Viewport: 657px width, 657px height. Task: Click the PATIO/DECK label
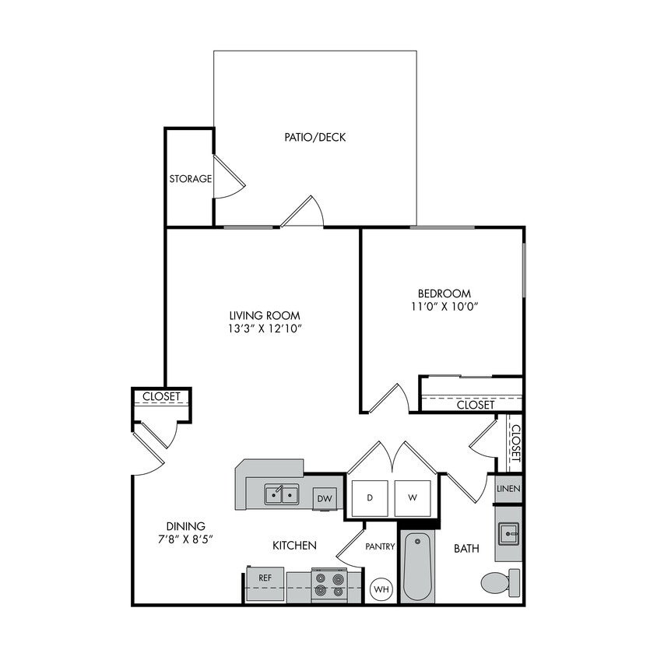[314, 138]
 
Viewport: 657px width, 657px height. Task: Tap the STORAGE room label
[191, 179]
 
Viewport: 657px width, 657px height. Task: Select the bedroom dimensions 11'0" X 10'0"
[444, 307]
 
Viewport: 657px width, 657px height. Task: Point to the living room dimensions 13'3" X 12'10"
[265, 329]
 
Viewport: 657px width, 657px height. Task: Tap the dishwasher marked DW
[325, 499]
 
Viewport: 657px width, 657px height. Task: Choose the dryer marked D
[371, 497]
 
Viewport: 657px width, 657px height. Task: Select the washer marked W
[412, 497]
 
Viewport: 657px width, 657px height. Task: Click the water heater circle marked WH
[381, 589]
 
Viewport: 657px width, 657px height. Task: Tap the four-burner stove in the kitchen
[328, 585]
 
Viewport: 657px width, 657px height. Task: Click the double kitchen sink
[281, 494]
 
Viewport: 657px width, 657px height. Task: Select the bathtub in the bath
[417, 567]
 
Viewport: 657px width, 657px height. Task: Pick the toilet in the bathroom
[500, 581]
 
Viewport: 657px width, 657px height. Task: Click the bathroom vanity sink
[508, 533]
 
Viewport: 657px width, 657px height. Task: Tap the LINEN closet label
[509, 489]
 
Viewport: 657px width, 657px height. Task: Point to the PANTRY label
[380, 546]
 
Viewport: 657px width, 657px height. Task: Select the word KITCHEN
[294, 546]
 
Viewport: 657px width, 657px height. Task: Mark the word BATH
[466, 549]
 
